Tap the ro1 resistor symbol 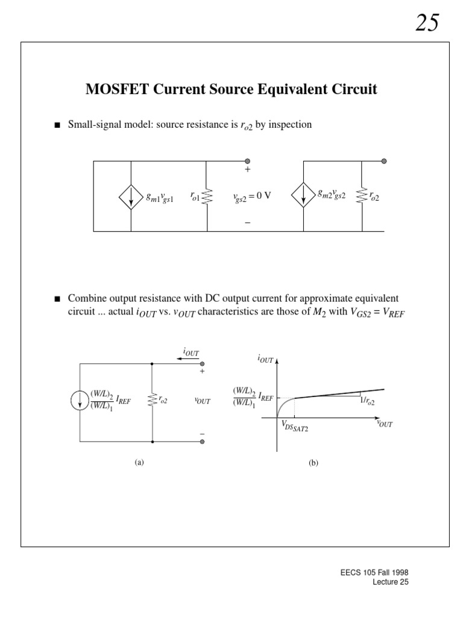pos(207,196)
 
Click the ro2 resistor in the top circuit pos(362,196)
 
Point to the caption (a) pos(139,463)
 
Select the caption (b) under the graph pos(313,463)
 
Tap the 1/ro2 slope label pos(366,402)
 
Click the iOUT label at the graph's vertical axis pos(266,360)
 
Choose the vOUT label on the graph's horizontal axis pos(384,424)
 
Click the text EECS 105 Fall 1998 pos(383,572)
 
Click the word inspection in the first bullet pos(293,125)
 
